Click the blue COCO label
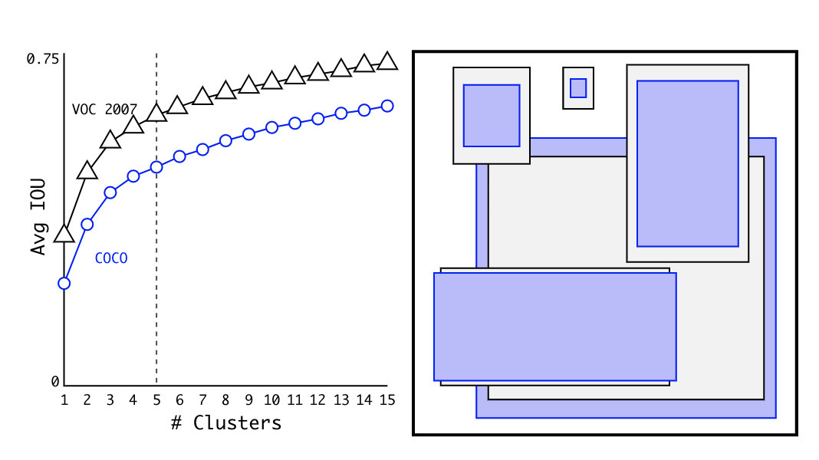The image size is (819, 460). (111, 259)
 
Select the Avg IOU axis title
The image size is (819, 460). (38, 217)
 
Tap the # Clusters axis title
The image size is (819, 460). (226, 422)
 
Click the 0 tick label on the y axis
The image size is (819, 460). (54, 382)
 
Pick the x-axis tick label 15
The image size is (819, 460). (386, 400)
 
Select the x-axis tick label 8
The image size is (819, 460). (225, 400)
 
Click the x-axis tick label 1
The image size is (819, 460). (64, 400)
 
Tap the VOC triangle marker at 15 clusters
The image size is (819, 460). (387, 62)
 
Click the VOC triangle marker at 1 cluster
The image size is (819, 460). (64, 235)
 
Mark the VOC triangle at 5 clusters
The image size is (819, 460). (156, 113)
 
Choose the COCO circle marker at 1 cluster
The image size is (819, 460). (64, 284)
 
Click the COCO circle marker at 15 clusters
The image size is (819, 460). (387, 106)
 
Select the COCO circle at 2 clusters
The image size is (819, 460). (87, 225)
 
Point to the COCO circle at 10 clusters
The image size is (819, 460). (271, 127)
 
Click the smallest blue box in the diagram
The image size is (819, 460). (578, 88)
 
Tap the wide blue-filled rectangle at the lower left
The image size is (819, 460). (554, 327)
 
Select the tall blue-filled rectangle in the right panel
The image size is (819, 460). (687, 163)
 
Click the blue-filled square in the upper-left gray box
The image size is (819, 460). (492, 115)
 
